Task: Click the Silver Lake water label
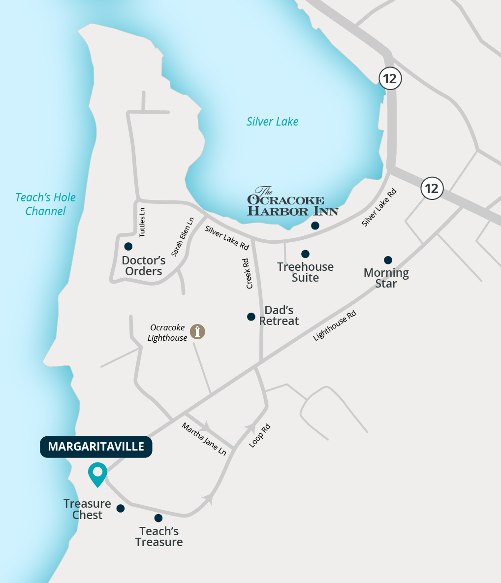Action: (272, 122)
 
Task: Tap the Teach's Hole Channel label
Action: (45, 204)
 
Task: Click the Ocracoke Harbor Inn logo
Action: (292, 202)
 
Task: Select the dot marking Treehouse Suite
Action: (305, 254)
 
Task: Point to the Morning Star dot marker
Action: (388, 260)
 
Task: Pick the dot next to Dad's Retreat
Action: (251, 317)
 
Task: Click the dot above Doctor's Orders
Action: (128, 246)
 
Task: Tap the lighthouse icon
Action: (197, 331)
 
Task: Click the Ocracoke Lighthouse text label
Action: (168, 333)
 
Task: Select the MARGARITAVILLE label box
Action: (96, 447)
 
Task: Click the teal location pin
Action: (97, 474)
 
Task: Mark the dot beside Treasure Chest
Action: (121, 508)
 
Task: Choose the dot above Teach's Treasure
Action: (158, 518)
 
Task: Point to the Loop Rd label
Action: (260, 435)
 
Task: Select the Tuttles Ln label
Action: (142, 222)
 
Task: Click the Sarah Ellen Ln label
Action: (183, 237)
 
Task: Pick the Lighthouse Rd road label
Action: (335, 325)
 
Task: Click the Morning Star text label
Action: (386, 278)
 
